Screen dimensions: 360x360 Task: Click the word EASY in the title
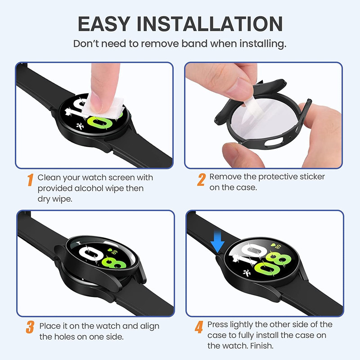tap(104, 24)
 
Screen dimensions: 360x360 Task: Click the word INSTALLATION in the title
tap(210, 24)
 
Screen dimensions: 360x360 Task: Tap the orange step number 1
tap(30, 180)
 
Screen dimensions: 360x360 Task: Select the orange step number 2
tap(201, 180)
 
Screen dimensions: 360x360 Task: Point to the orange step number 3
tap(30, 327)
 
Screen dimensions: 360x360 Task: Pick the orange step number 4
tap(199, 327)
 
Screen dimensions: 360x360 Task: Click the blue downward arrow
tap(217, 242)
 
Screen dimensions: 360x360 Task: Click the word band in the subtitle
tap(195, 43)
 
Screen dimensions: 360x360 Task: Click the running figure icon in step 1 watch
tap(81, 126)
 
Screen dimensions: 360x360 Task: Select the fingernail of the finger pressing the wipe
tap(96, 105)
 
